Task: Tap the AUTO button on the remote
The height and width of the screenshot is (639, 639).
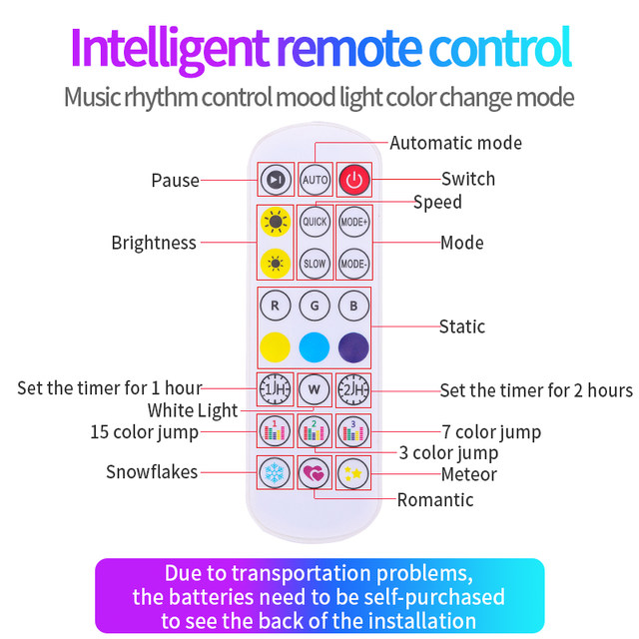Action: pos(315,180)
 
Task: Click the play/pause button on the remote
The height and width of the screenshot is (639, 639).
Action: pos(276,180)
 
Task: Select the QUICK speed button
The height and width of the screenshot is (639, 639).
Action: pos(315,221)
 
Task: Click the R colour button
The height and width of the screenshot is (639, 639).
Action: pos(275,304)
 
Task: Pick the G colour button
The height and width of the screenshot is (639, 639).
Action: pos(315,304)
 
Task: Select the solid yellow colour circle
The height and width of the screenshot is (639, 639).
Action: pos(275,346)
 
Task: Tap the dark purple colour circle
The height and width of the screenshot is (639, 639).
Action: pos(353,346)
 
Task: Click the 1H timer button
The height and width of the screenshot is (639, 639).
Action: pos(275,388)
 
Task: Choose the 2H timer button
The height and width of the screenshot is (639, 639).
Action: pos(353,388)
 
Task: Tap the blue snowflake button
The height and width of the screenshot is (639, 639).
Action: pos(275,471)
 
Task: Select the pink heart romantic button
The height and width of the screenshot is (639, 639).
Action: pos(315,471)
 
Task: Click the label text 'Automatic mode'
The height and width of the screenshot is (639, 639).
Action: pos(455,143)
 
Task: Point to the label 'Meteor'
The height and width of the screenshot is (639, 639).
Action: pos(468,474)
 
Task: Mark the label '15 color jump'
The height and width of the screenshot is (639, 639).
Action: pos(144,432)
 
